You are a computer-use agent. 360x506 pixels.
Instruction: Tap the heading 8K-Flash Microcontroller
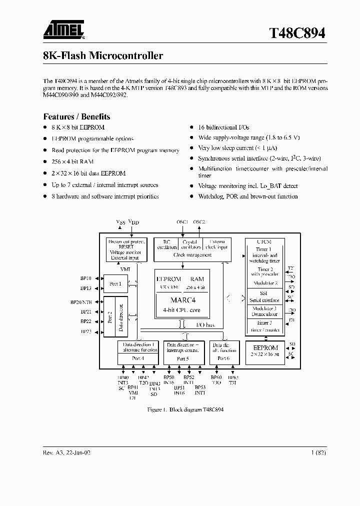click(103, 56)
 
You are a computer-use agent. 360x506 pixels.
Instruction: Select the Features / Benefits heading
click(76, 116)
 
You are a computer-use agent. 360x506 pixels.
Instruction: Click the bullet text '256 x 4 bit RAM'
click(72, 161)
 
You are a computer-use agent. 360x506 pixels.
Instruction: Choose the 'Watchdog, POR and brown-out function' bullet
click(247, 196)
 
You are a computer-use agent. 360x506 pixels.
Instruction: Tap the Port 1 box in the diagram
click(115, 283)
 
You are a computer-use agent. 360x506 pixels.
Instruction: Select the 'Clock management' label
click(192, 255)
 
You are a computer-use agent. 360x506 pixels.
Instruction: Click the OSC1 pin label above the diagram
click(182, 222)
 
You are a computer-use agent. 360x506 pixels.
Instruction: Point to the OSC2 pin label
click(199, 222)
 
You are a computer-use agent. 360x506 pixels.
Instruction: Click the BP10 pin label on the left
click(85, 278)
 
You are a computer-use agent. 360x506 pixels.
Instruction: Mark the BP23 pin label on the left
click(85, 331)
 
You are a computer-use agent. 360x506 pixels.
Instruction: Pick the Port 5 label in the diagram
click(183, 358)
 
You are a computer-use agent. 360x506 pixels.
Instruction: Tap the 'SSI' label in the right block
click(264, 293)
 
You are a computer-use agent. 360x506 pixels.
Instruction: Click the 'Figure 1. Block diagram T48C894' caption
click(185, 409)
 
